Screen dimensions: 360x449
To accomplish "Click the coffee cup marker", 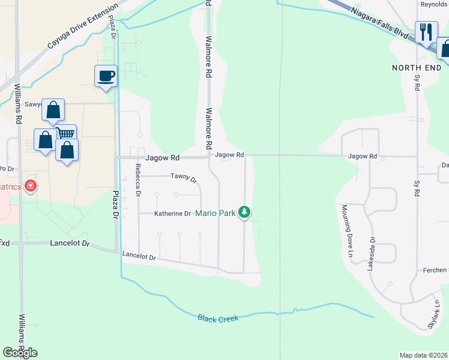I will pyautogui.click(x=106, y=77).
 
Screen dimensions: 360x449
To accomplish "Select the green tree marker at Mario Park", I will pyautogui.click(x=244, y=212).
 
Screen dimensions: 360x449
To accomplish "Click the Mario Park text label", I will pyautogui.click(x=215, y=213).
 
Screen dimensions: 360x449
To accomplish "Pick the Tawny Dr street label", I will pyautogui.click(x=184, y=177).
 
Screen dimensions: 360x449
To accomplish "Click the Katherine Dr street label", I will pyautogui.click(x=172, y=213).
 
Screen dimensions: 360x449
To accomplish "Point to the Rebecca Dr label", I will pyautogui.click(x=138, y=181).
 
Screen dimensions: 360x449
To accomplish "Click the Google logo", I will pyautogui.click(x=20, y=353).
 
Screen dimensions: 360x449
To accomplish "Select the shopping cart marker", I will pyautogui.click(x=66, y=133).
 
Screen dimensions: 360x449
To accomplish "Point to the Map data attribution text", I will pyautogui.click(x=424, y=355).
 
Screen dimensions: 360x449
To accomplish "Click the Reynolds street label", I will pyautogui.click(x=434, y=4).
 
